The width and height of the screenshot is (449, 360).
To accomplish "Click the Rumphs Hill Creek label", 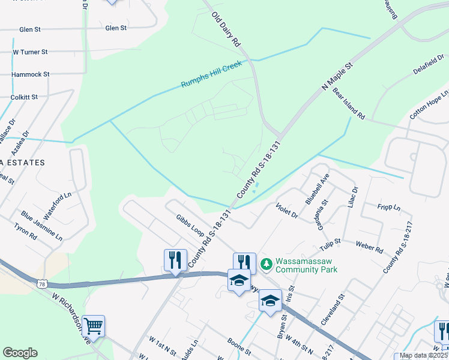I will (211, 74).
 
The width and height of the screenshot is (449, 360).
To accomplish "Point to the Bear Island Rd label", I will (349, 104).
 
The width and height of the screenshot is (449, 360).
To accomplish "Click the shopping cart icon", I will (94, 326).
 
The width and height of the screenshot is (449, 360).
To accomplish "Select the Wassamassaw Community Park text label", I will (306, 265).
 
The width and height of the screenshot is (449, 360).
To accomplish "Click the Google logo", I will (20, 353).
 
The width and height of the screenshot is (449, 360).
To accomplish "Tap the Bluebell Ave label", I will (318, 190).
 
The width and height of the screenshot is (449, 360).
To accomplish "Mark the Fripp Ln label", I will (389, 208).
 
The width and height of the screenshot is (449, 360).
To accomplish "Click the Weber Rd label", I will (369, 246).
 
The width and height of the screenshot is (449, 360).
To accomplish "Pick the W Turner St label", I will (30, 52).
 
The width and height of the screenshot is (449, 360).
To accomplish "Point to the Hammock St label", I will (30, 74).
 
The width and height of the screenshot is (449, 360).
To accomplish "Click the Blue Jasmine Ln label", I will (41, 225).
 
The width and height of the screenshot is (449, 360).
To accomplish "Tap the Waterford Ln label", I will (58, 200).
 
